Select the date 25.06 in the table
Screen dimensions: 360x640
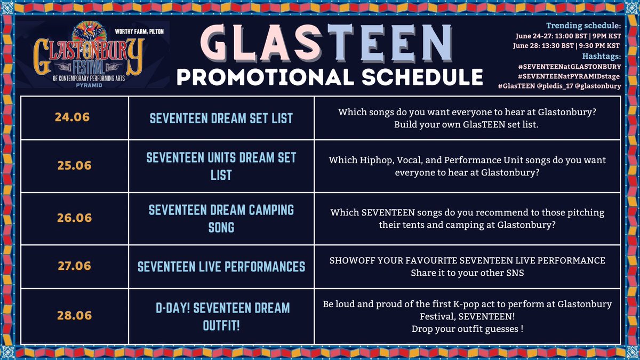tap(74, 166)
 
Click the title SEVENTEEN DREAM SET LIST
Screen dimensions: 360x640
tap(221, 117)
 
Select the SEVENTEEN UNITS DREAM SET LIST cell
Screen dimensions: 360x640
tap(221, 166)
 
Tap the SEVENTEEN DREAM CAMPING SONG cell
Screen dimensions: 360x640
tap(221, 218)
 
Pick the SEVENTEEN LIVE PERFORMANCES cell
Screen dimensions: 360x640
tap(221, 266)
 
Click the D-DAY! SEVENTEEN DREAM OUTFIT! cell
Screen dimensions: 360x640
tap(221, 315)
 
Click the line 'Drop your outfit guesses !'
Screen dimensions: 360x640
tap(467, 329)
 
